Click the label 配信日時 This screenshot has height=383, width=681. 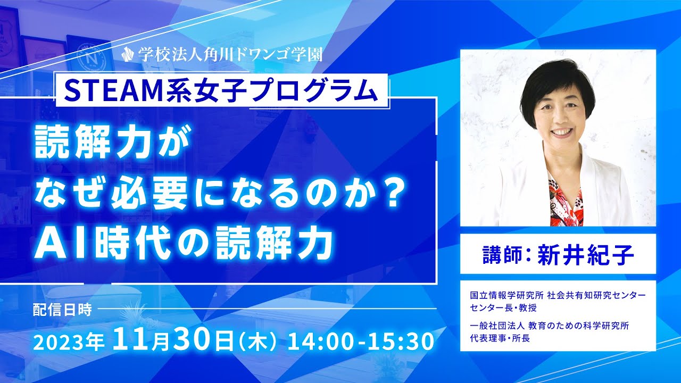(x=62, y=310)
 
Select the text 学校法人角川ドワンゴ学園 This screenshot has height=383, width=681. (x=230, y=54)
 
